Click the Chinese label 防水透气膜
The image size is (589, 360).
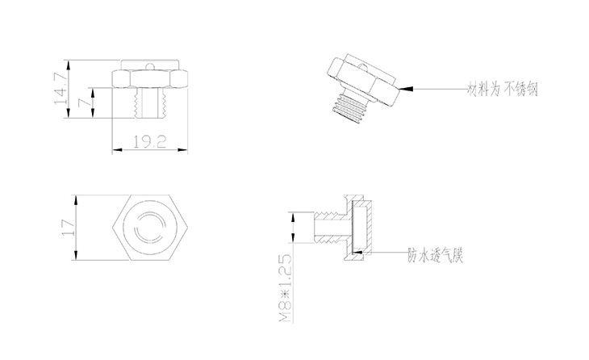pos(439,254)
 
